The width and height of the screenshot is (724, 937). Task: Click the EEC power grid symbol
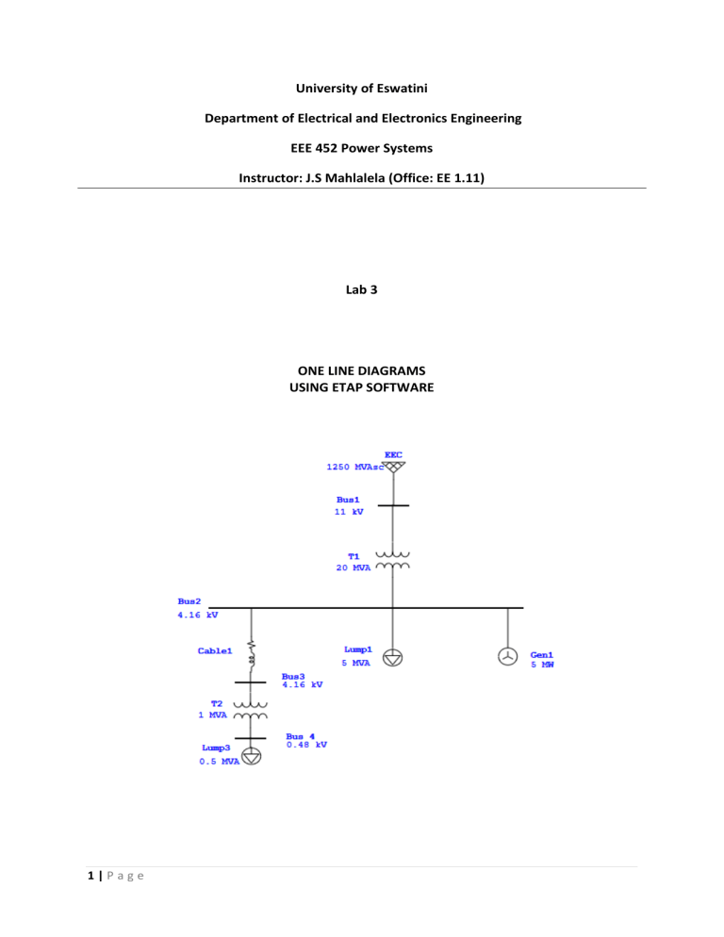393,467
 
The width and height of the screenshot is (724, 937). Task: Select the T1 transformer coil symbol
393,561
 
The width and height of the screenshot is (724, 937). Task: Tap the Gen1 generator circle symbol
507,657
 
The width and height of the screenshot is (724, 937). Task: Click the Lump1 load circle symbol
393,658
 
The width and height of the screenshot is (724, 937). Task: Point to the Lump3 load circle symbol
252,757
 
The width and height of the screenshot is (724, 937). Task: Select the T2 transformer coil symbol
251,710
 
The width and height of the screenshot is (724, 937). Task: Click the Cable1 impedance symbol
252,654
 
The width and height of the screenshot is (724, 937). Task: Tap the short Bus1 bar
393,505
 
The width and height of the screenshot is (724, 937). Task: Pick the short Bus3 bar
251,682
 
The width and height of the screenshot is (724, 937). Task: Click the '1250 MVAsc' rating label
355,467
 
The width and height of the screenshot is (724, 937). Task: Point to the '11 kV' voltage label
349,512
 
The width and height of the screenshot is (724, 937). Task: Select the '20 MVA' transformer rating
354,567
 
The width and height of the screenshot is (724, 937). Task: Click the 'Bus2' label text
189,601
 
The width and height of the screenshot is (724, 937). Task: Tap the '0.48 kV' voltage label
306,745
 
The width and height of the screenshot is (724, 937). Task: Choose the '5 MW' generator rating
542,665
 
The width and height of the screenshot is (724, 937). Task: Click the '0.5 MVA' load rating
220,762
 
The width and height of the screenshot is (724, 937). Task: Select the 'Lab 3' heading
362,289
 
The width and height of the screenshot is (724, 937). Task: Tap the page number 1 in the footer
90,876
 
